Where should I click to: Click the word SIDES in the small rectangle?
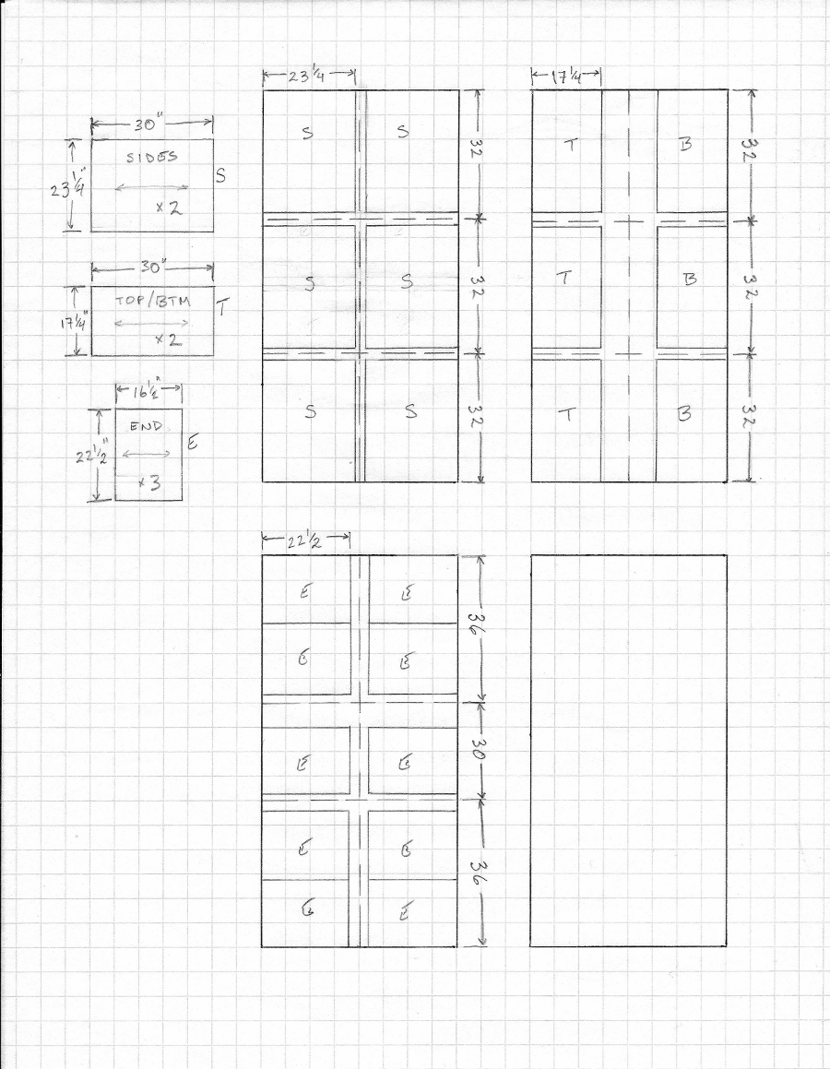[152, 157]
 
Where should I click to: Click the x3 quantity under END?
[148, 483]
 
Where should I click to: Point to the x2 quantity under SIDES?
[169, 208]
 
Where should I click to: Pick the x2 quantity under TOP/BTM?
[167, 339]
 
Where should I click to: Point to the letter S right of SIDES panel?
[219, 175]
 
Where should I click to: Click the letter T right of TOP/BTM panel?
[222, 310]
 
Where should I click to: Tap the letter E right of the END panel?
[194, 443]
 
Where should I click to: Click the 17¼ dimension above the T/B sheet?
[568, 77]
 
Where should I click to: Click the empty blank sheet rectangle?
[628, 750]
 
